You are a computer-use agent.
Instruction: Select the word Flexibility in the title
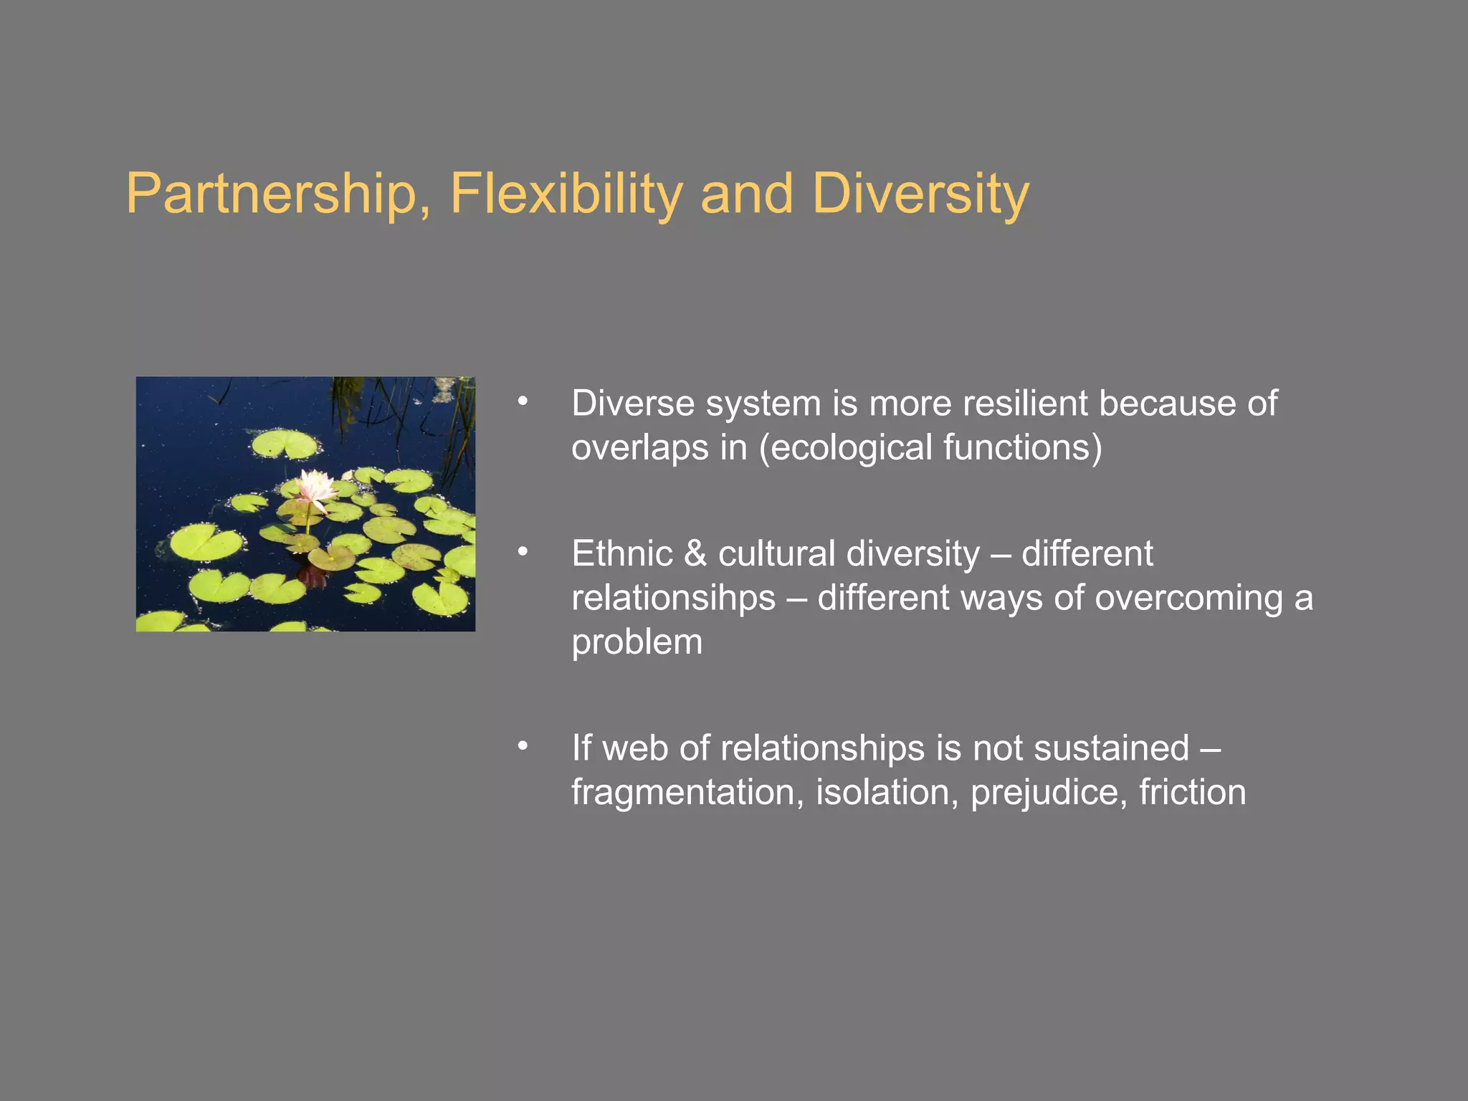(x=566, y=194)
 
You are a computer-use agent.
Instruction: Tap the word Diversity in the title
(x=920, y=194)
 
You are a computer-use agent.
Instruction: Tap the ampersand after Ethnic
(x=695, y=554)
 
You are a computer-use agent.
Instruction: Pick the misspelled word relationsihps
(x=673, y=599)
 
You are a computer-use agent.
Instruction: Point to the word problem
(x=637, y=643)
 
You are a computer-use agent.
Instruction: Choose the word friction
(x=1192, y=793)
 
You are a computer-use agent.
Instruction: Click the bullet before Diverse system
(x=523, y=402)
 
